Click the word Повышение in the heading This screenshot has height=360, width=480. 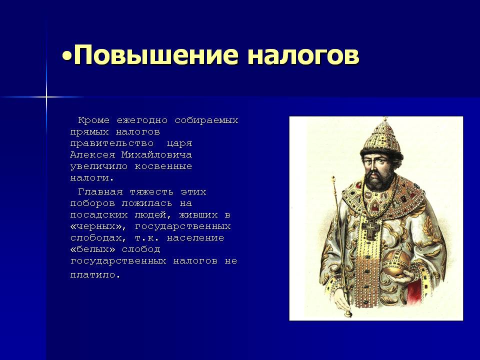[156, 55]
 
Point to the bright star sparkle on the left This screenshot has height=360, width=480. [46, 97]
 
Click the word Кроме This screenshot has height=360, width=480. [93, 120]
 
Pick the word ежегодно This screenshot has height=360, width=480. [142, 120]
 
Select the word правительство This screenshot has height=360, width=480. [112, 143]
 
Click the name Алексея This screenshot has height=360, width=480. [93, 155]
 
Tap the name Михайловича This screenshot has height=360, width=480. [156, 155]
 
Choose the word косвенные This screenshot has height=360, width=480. [163, 166]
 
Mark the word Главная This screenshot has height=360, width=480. [100, 192]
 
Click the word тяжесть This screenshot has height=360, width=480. [151, 192]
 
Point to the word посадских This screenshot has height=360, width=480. [99, 215]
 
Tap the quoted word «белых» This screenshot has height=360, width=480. [93, 249]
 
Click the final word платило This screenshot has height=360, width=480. [95, 275]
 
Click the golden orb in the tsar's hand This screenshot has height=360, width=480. [396, 263]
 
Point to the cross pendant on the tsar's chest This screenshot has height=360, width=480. [371, 228]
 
